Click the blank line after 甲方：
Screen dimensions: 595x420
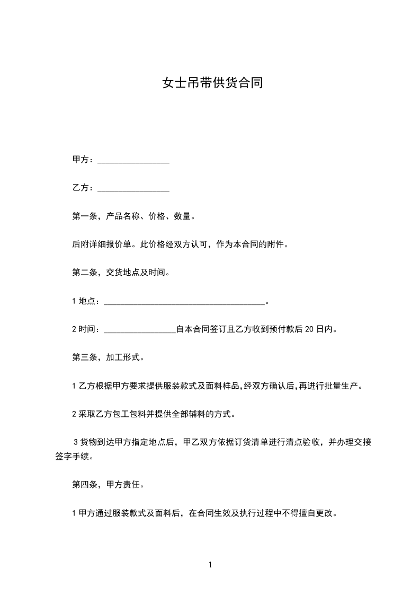(133, 160)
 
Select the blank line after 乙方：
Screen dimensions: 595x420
(133, 188)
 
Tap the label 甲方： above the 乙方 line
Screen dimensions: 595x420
(83, 160)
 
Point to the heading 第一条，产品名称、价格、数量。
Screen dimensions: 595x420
(134, 216)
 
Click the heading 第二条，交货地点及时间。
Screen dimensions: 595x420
(121, 273)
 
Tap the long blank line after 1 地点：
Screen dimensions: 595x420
(184, 302)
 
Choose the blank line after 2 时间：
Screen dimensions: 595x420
(140, 330)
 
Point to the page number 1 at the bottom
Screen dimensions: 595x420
(210, 565)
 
